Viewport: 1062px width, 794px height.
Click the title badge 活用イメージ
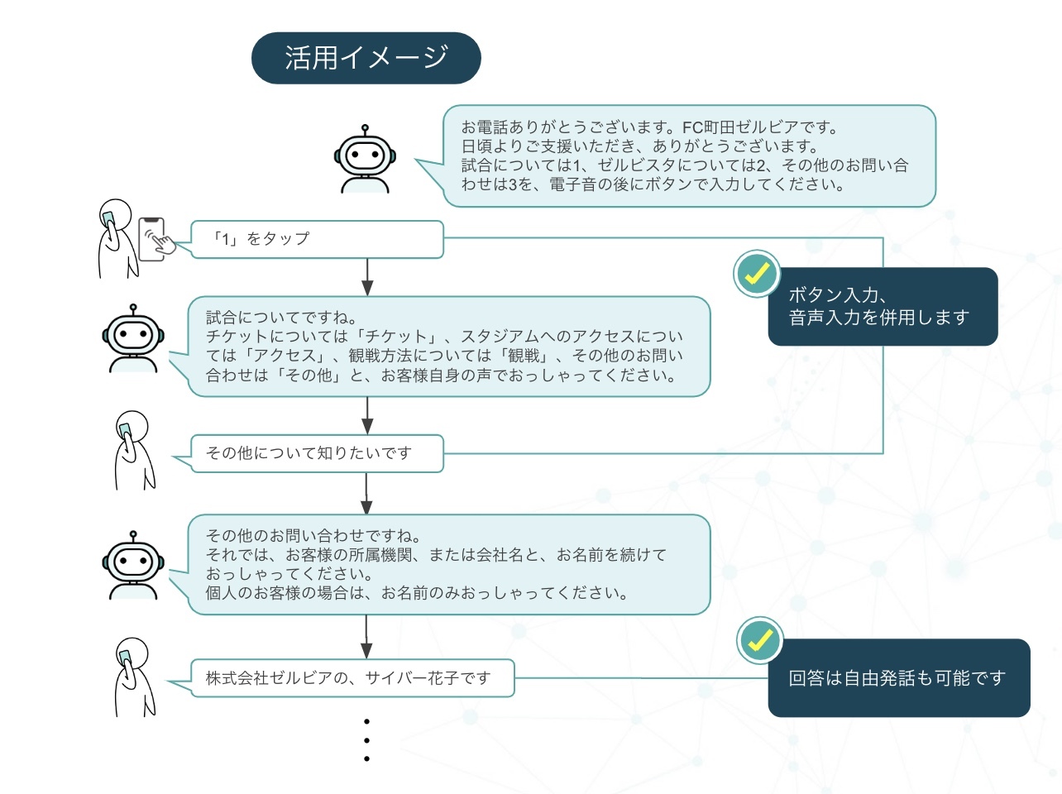pos(366,58)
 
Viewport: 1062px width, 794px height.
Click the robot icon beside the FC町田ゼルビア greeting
pos(365,160)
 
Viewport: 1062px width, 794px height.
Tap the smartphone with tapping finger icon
pos(155,240)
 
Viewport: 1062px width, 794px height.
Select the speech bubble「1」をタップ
pos(317,239)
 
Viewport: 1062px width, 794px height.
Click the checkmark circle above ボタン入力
pos(757,274)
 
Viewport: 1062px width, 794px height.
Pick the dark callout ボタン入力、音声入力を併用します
pos(883,306)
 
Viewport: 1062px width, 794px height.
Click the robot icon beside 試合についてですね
pos(133,338)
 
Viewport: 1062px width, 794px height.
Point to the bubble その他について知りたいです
pos(317,453)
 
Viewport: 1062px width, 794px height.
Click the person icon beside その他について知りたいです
pos(132,451)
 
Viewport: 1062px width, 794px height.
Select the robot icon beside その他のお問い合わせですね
pos(133,565)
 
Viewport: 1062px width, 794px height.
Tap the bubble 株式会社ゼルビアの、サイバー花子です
pos(352,678)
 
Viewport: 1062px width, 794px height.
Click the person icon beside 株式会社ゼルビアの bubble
pos(133,677)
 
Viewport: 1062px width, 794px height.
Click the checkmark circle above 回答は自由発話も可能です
pos(759,640)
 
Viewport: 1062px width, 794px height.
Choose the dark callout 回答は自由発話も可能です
pos(899,678)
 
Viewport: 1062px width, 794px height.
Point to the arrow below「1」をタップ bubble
pos(367,277)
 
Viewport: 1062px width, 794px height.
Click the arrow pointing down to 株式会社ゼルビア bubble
pos(367,637)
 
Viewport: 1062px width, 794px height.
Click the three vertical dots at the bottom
pos(366,740)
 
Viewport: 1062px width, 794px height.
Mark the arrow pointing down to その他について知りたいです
pos(367,416)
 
